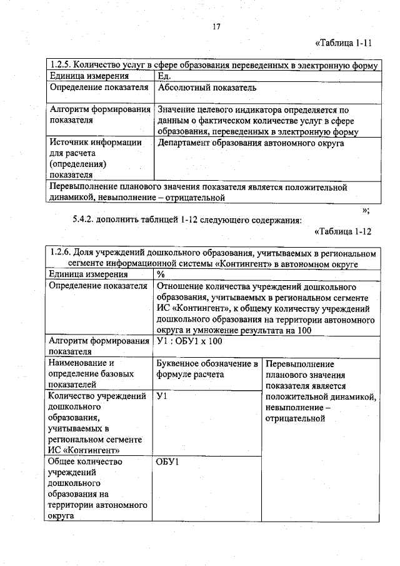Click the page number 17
coord(216,26)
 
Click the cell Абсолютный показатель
coord(207,88)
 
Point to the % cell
coord(161,274)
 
